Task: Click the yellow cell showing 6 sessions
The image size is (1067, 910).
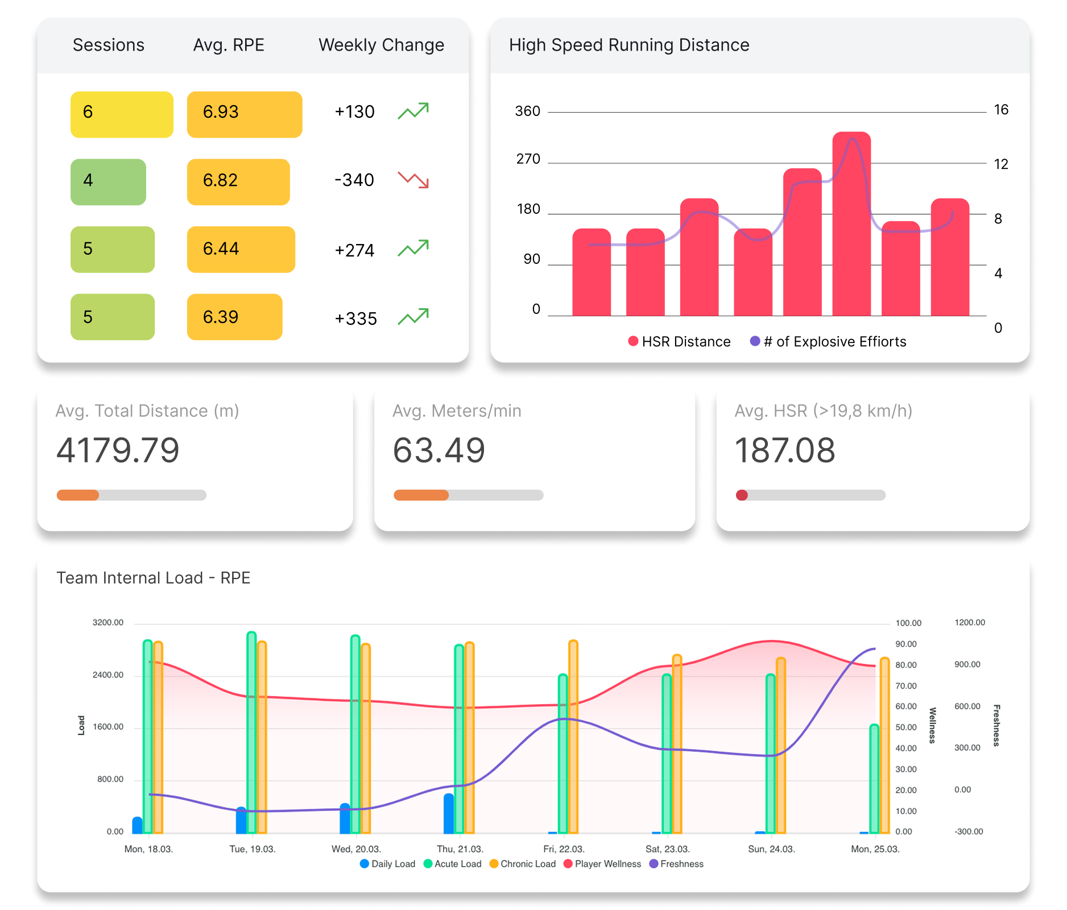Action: tap(122, 114)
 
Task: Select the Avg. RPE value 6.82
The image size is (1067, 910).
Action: tap(238, 181)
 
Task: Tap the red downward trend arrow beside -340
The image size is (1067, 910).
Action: tap(413, 180)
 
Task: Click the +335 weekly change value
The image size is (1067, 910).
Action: tap(355, 318)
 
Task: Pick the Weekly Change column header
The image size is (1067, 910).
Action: tap(381, 45)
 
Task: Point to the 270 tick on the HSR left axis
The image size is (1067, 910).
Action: tap(528, 159)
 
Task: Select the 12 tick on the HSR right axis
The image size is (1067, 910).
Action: tap(1000, 164)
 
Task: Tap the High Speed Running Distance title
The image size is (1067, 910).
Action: tap(628, 45)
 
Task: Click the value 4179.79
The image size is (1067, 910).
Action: tap(118, 450)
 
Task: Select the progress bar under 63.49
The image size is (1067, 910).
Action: tap(468, 495)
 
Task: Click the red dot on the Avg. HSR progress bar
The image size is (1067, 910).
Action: tap(742, 495)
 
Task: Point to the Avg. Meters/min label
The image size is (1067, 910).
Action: tap(457, 411)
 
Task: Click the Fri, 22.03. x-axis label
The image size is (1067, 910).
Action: tap(564, 849)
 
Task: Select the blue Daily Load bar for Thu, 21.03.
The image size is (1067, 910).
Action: tap(449, 814)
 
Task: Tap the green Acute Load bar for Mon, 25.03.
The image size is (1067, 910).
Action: tap(874, 779)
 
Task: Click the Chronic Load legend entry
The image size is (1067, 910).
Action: tap(522, 864)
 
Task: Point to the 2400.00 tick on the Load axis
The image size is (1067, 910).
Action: tap(108, 675)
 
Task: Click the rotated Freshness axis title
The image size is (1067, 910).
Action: tap(996, 725)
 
